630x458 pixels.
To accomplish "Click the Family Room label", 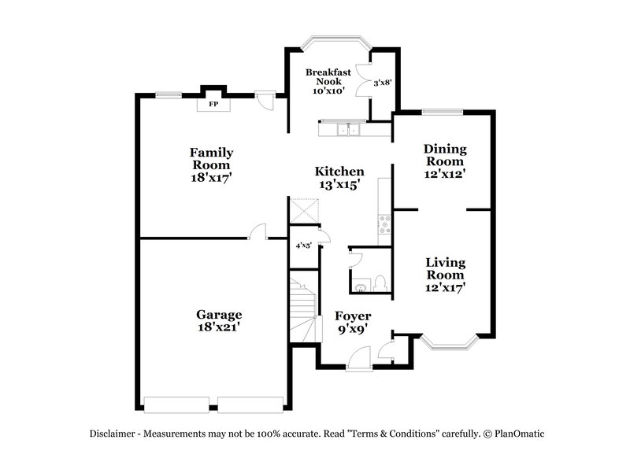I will click(x=211, y=158).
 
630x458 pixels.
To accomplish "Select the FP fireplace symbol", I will click(x=213, y=104).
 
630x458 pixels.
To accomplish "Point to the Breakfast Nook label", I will click(x=328, y=76).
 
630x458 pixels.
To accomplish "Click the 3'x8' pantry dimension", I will click(x=382, y=82).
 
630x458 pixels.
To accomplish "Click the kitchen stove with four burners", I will click(x=385, y=225).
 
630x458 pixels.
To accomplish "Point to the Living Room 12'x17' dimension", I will click(x=445, y=288).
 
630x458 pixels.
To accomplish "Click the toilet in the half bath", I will click(x=378, y=283).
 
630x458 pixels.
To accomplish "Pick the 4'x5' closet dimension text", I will click(x=303, y=246).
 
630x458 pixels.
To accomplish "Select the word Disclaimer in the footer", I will click(x=115, y=433).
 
